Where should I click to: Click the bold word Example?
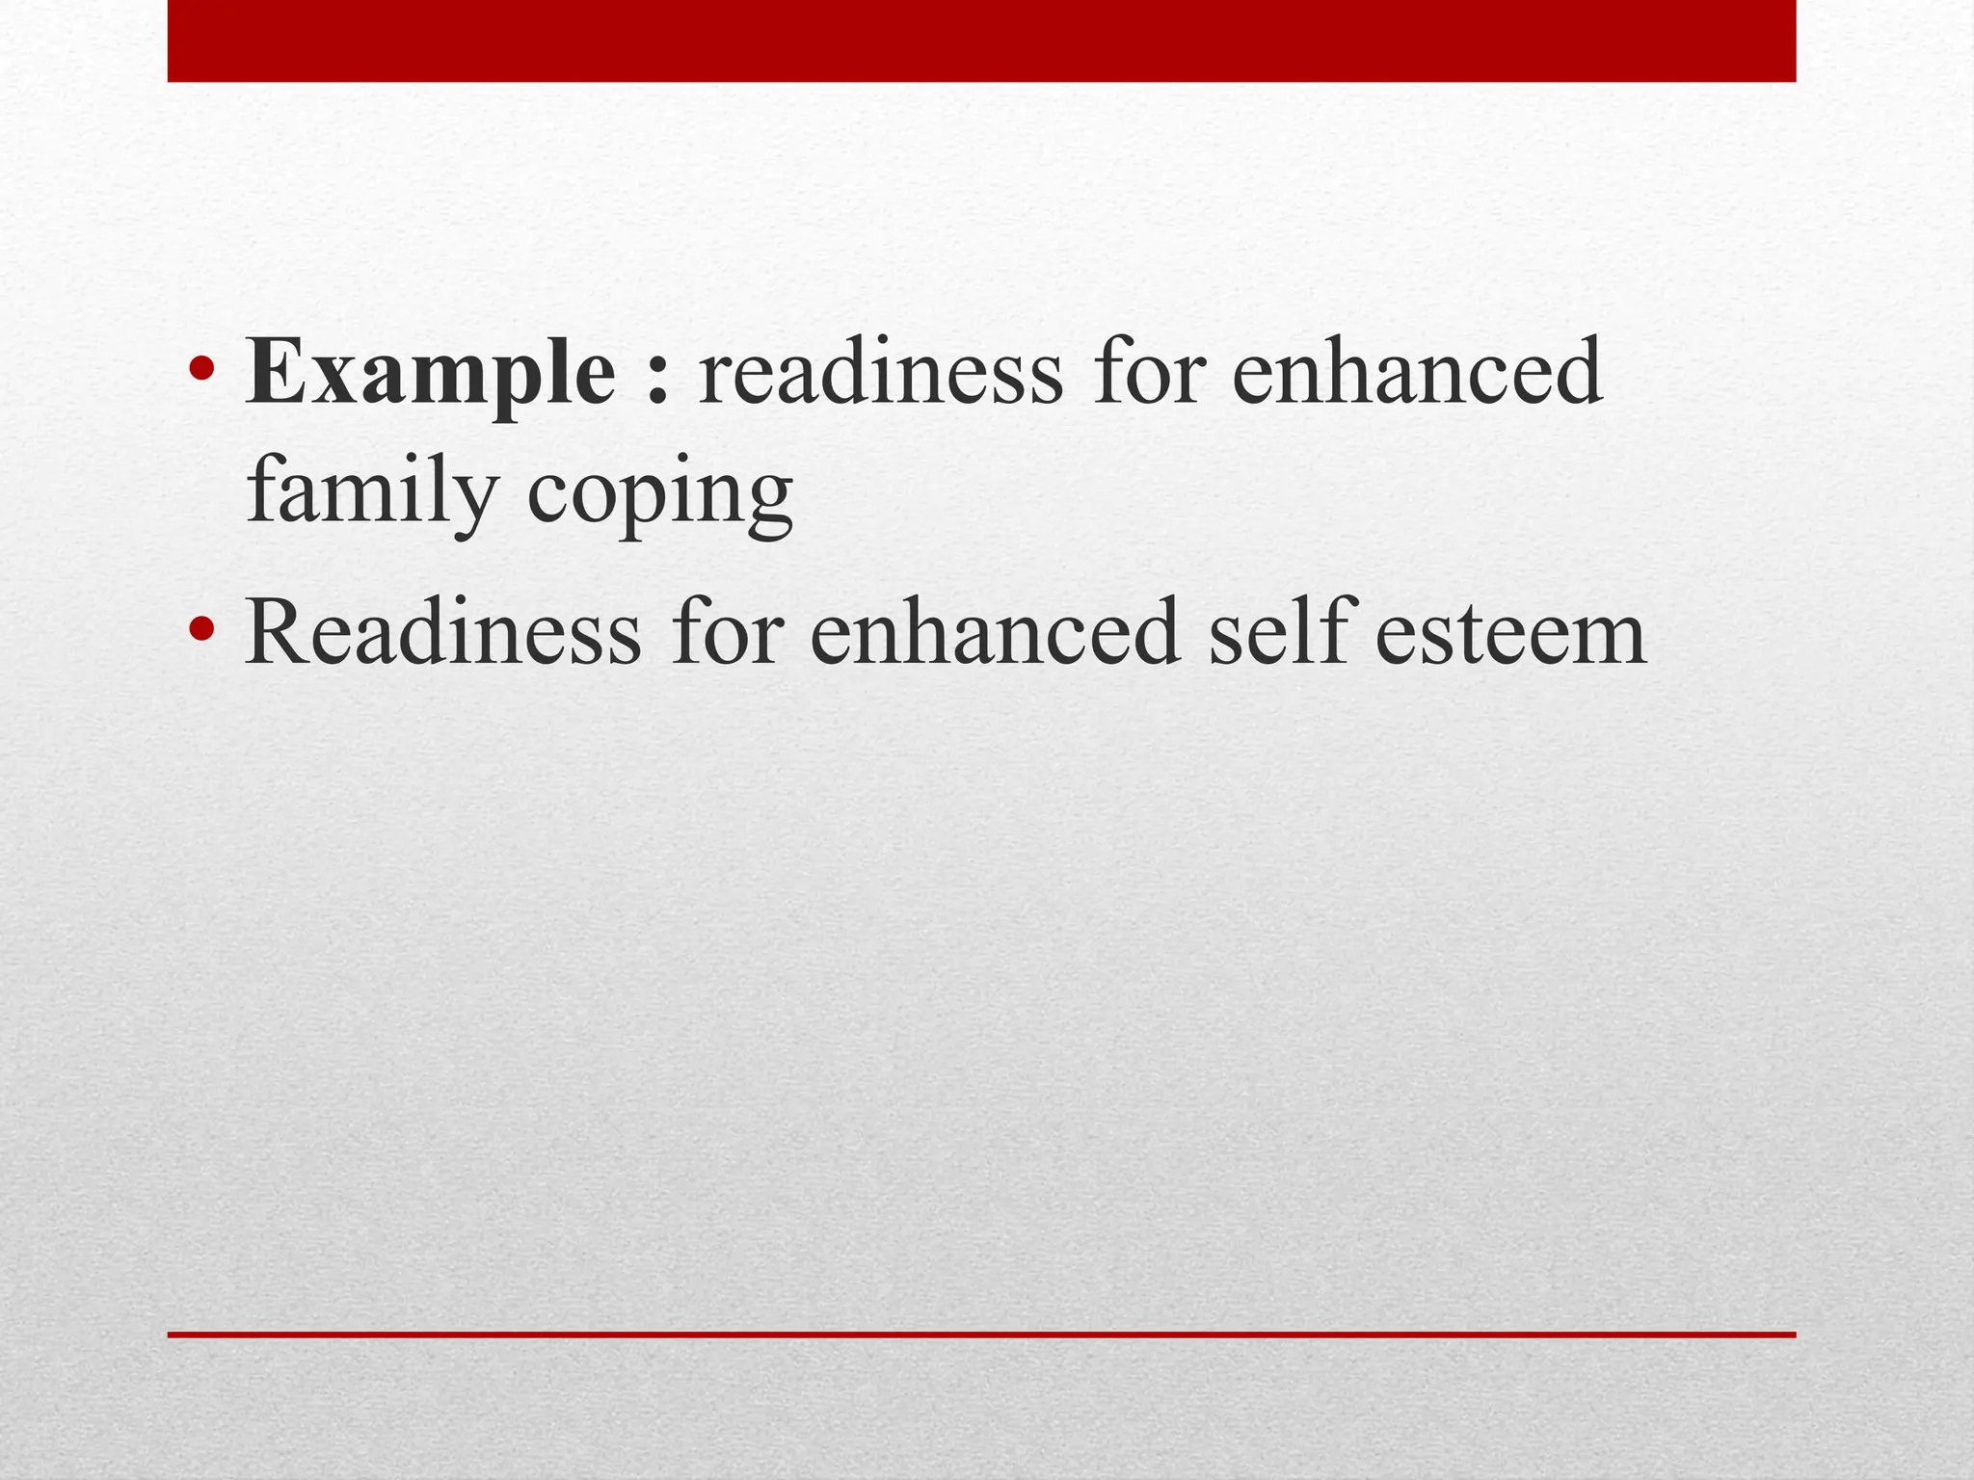tap(430, 374)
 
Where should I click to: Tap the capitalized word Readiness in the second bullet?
tap(443, 633)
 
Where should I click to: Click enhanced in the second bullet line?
tap(995, 633)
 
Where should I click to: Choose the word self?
tap(1276, 633)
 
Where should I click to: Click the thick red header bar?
tap(981, 40)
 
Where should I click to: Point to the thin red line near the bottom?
tap(981, 1335)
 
